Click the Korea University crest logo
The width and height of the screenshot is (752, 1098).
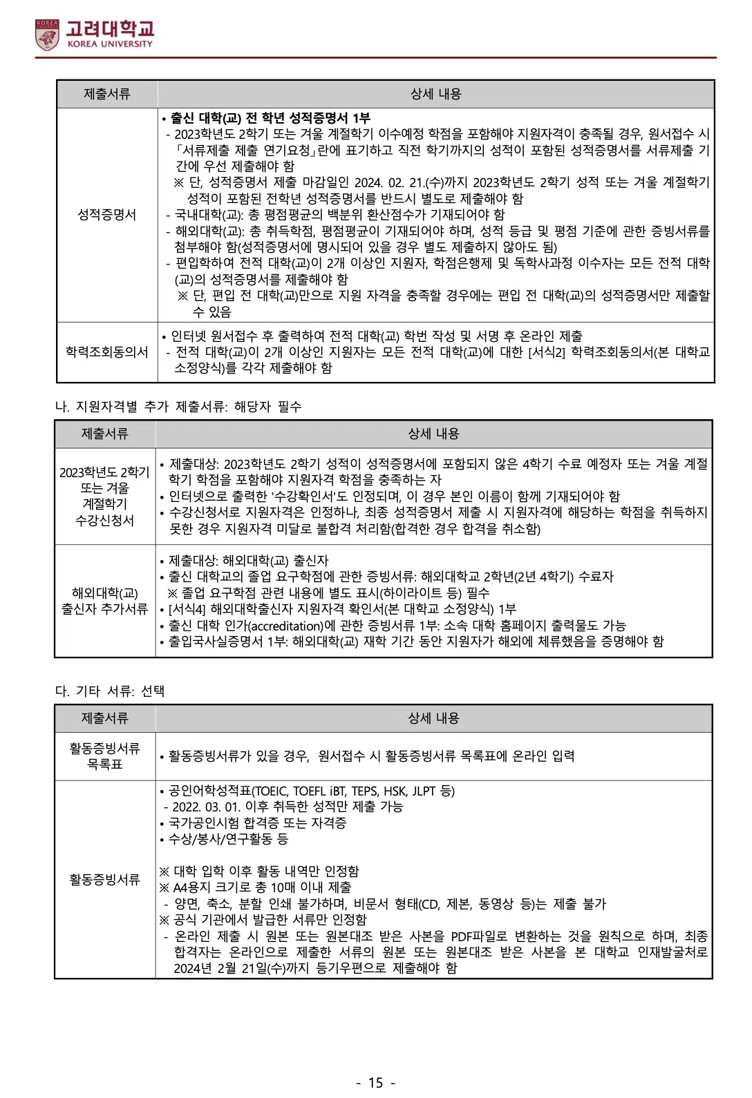[48, 35]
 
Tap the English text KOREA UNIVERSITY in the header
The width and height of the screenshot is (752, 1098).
[110, 44]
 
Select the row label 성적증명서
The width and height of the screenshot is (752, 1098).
[106, 215]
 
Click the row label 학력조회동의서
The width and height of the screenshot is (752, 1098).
[106, 352]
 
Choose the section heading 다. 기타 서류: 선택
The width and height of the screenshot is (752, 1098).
[110, 691]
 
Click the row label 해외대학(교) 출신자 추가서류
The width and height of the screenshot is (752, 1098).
[104, 601]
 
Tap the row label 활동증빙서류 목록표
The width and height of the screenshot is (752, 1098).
[104, 756]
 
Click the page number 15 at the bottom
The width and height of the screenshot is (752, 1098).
[375, 1083]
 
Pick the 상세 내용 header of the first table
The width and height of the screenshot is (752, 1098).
[435, 94]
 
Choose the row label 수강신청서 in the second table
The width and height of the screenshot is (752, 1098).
[104, 521]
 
